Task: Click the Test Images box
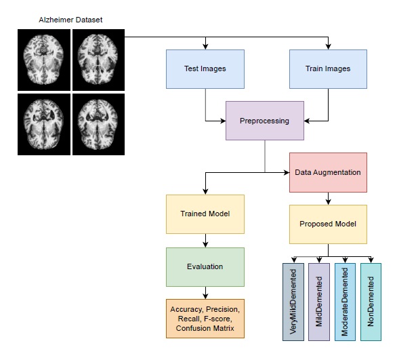[205, 68]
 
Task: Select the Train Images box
[328, 68]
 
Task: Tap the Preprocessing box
[264, 121]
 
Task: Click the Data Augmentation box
[327, 172]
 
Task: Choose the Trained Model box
[205, 214]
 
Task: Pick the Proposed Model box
[327, 224]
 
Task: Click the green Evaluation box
[205, 266]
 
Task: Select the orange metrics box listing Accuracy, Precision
[204, 319]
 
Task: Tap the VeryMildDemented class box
[293, 302]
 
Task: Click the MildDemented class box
[318, 302]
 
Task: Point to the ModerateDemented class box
[344, 302]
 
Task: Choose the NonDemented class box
[371, 302]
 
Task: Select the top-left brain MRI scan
[43, 59]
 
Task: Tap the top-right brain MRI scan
[98, 59]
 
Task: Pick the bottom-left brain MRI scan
[43, 124]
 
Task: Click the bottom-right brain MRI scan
[98, 124]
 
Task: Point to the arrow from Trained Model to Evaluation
[205, 239]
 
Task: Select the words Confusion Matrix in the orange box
[204, 329]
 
